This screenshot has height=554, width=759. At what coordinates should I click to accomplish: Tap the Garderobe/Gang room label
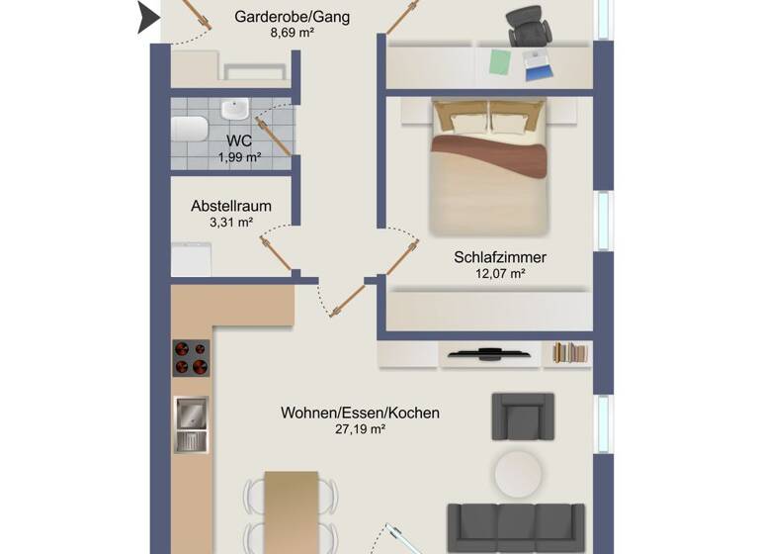point(292,17)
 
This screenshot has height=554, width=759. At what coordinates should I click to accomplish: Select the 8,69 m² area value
point(292,33)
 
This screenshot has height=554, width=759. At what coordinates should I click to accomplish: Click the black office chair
point(530,26)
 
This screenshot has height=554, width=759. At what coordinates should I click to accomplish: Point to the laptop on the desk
point(539,66)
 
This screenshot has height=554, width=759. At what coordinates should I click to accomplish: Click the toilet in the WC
point(189,130)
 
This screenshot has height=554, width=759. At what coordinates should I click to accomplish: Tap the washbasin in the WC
point(235,109)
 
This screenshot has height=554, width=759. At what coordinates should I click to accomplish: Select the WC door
point(274,137)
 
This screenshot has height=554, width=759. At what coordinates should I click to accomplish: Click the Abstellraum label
point(231,207)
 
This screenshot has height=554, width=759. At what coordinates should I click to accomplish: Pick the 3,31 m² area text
point(231,223)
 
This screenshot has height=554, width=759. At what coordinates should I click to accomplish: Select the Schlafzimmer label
point(500,257)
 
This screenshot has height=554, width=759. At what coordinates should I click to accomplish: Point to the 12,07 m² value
point(500,274)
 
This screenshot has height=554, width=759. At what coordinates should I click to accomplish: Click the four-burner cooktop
point(192,358)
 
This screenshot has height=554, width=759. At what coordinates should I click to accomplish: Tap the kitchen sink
point(191,422)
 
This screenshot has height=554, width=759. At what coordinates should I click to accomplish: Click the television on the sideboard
point(490,352)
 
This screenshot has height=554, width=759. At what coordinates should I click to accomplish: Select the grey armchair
point(523,416)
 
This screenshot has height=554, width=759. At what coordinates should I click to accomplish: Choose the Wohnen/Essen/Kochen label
point(360,413)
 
